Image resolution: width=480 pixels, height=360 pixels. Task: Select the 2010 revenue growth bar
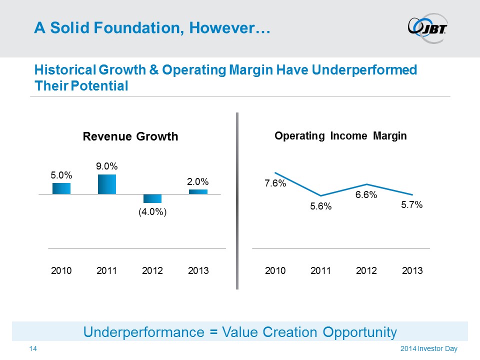pyautogui.click(x=61, y=188)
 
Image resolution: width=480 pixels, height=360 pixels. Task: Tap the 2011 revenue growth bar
pyautogui.click(x=107, y=184)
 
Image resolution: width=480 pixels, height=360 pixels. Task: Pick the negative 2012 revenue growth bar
pyautogui.click(x=152, y=198)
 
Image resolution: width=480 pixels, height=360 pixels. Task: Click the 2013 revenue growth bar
pyautogui.click(x=198, y=191)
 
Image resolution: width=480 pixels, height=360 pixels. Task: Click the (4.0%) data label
pyautogui.click(x=152, y=212)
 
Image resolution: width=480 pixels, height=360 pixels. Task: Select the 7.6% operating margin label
pyautogui.click(x=275, y=183)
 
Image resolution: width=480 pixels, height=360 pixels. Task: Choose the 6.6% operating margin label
pyautogui.click(x=366, y=195)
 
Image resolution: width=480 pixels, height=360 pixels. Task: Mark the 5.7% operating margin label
pyautogui.click(x=412, y=204)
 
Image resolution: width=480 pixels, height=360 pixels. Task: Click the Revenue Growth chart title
pyautogui.click(x=130, y=136)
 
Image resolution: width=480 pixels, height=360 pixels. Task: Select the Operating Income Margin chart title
pyautogui.click(x=340, y=135)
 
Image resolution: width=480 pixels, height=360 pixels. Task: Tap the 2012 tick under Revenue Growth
pyautogui.click(x=152, y=271)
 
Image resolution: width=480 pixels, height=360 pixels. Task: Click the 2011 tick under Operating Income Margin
pyautogui.click(x=321, y=271)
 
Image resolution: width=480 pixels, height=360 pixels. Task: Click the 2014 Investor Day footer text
pyautogui.click(x=428, y=348)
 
